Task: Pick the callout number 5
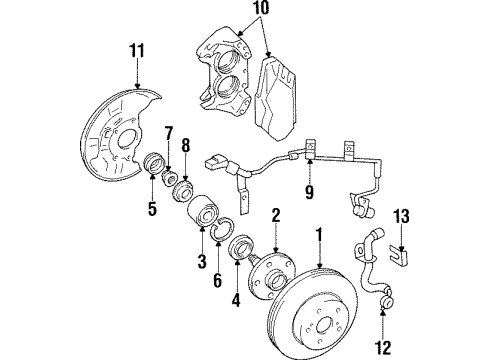pyautogui.click(x=153, y=210)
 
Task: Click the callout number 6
pyautogui.click(x=218, y=282)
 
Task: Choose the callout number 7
pyautogui.click(x=169, y=133)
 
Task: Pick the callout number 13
pyautogui.click(x=401, y=244)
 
